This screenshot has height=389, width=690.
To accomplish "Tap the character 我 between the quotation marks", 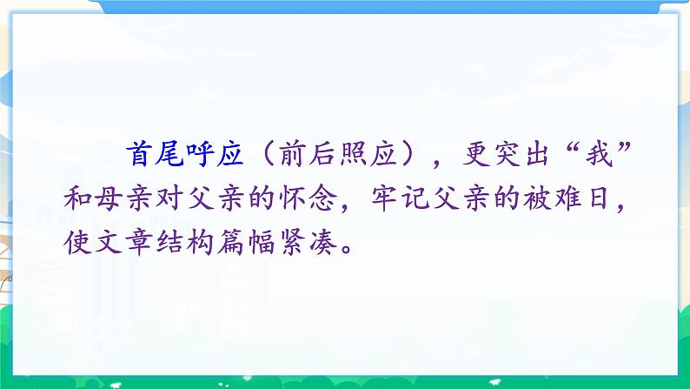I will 590,158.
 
